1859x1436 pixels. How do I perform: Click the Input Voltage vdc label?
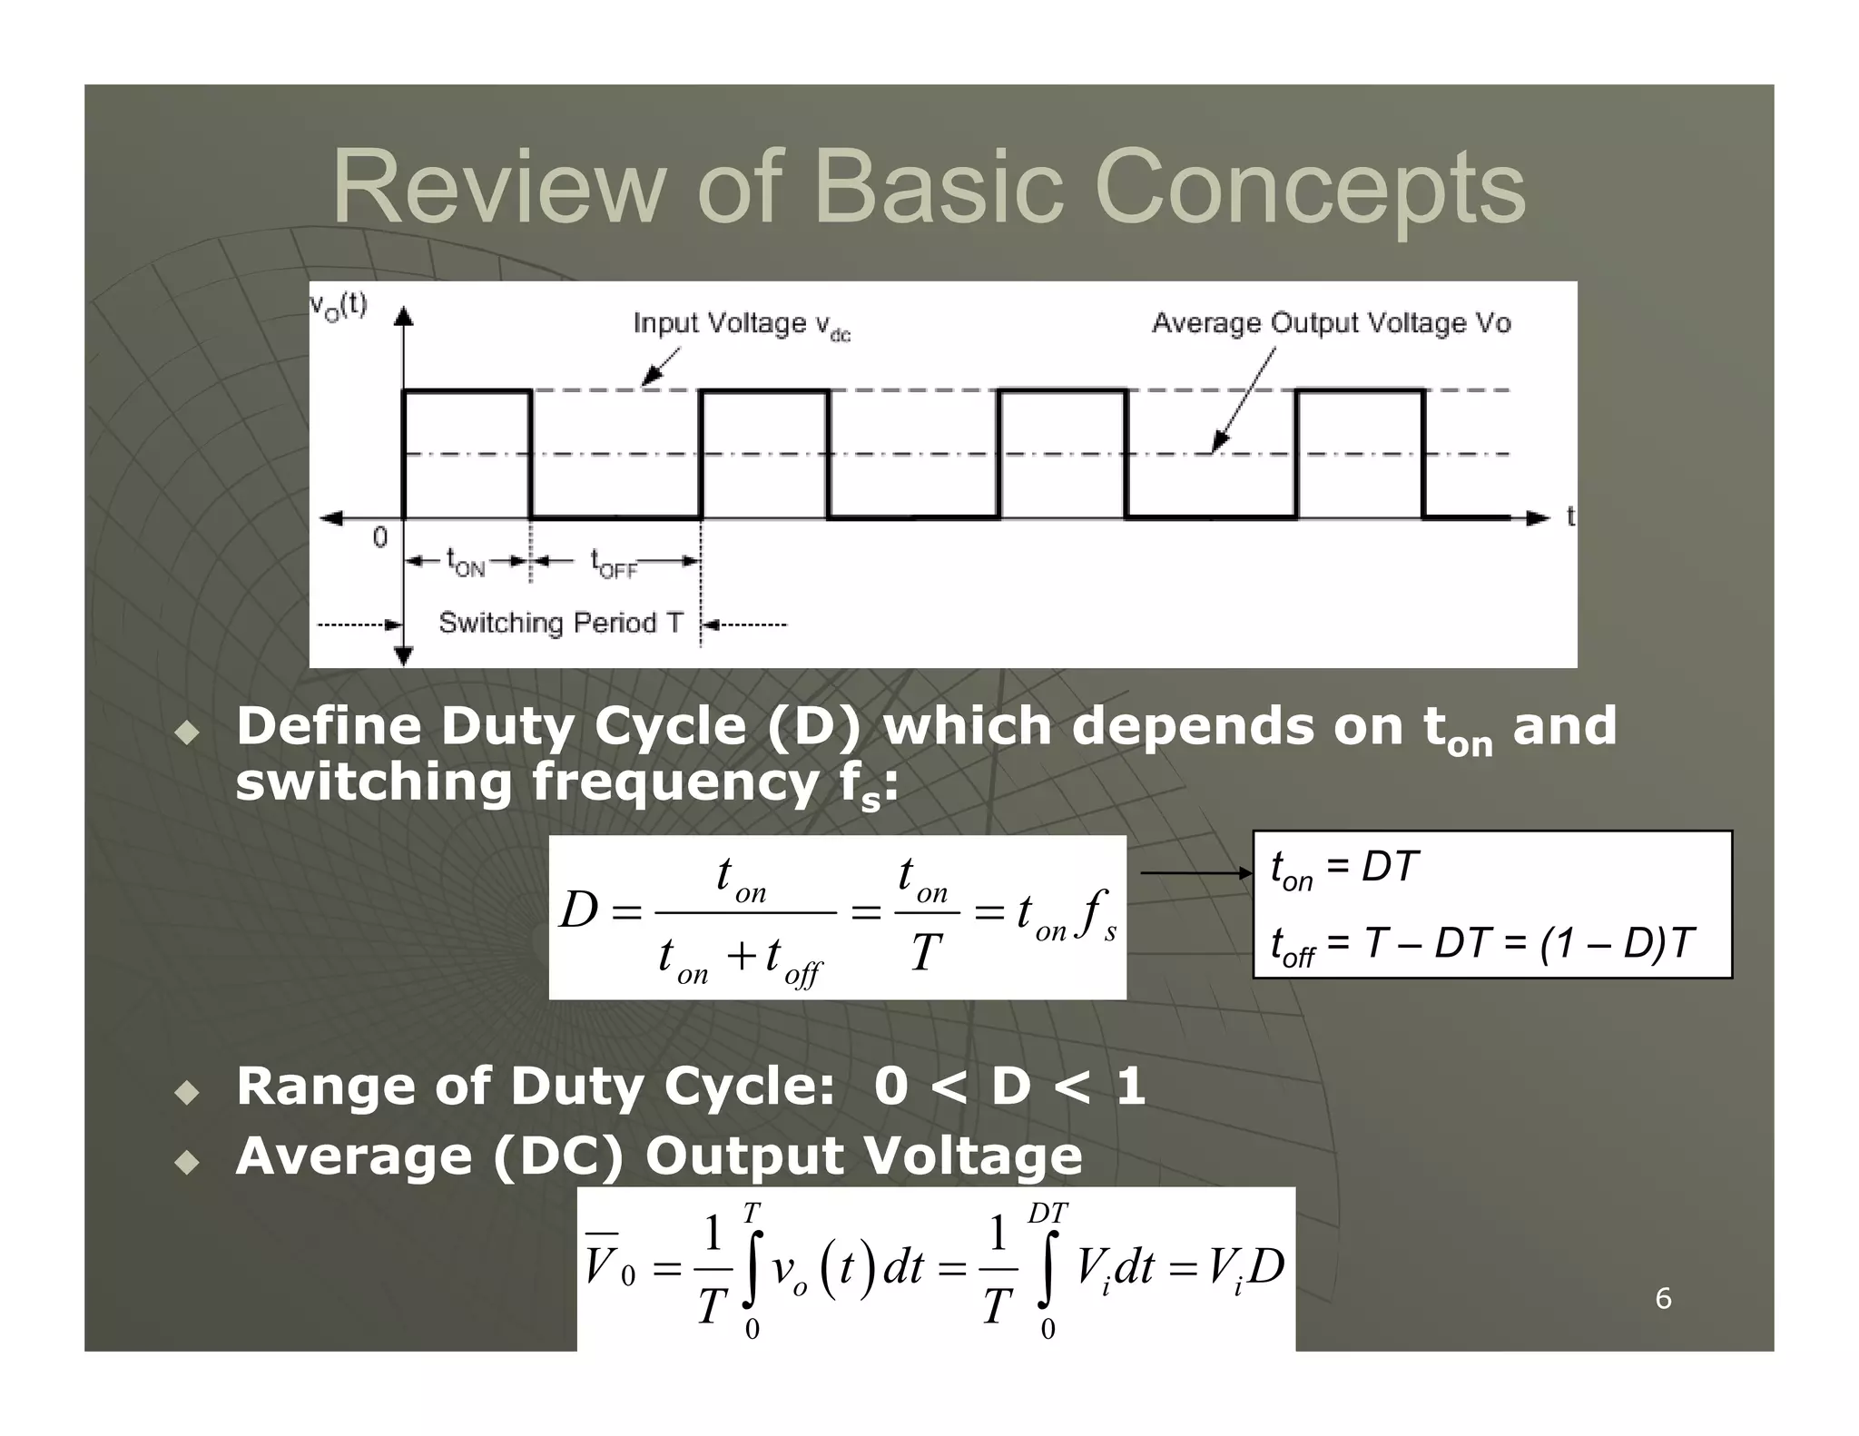point(741,325)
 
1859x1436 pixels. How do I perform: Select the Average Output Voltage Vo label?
point(1331,323)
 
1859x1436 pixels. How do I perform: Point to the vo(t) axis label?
point(339,305)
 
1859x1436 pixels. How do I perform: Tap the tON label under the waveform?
point(466,563)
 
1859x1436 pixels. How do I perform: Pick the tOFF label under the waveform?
point(614,563)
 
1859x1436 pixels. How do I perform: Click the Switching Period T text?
point(560,623)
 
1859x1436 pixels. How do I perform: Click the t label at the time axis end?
point(1570,516)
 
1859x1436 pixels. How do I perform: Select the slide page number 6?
point(1663,1298)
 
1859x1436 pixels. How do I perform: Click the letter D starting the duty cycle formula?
point(578,910)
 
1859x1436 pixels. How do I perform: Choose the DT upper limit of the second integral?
point(1048,1214)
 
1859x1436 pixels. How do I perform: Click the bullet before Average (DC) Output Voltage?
point(187,1163)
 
